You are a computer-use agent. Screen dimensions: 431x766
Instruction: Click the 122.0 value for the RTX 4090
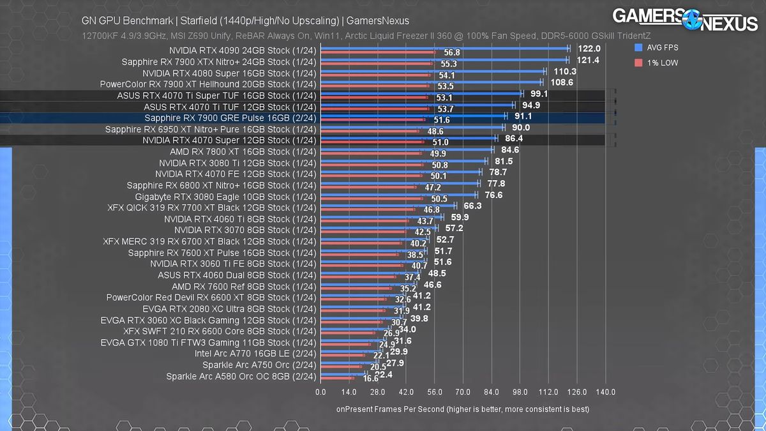[589, 49]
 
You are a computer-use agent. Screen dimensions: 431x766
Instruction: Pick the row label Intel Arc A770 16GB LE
[255, 353]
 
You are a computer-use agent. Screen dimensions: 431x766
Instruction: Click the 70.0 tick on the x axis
[463, 391]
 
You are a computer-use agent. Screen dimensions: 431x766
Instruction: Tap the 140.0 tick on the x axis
[605, 391]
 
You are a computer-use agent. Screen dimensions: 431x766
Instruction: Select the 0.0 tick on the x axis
[320, 391]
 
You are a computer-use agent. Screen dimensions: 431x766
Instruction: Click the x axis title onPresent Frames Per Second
[462, 409]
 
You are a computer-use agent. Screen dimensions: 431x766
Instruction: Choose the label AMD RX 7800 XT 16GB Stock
[243, 151]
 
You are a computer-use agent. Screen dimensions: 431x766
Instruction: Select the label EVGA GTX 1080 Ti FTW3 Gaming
[208, 342]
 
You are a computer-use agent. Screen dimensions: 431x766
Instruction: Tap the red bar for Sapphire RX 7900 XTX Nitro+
[377, 64]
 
